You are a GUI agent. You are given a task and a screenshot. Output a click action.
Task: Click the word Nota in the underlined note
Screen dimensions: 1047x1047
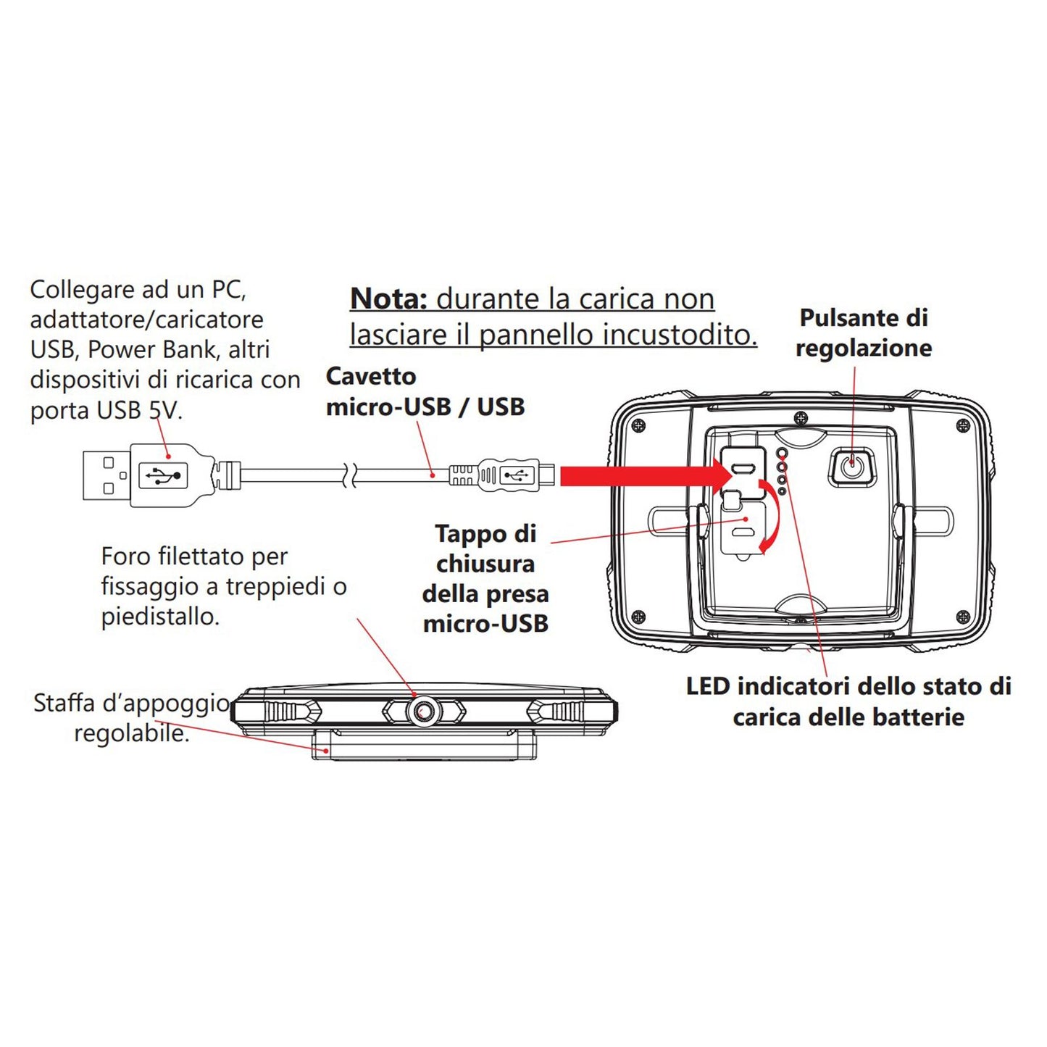(x=388, y=299)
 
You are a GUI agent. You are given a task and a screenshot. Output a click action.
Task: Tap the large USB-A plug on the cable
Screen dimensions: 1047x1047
(x=145, y=475)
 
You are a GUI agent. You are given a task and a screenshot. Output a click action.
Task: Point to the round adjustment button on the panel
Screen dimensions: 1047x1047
(x=852, y=466)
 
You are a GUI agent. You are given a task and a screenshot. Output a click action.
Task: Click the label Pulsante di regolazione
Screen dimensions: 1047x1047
(x=863, y=333)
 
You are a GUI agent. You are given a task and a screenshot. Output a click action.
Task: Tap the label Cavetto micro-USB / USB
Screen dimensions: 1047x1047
(x=425, y=392)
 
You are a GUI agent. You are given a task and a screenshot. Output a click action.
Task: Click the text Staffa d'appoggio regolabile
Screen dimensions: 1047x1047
(x=131, y=718)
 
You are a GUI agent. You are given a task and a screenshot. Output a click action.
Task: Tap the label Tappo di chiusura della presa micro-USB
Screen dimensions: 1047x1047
(x=485, y=578)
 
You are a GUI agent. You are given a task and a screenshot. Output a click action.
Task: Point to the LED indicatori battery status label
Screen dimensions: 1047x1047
(x=848, y=701)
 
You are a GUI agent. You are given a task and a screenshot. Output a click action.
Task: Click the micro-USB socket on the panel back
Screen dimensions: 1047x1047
(x=742, y=468)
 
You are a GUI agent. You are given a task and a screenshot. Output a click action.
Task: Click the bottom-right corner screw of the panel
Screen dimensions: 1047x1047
(x=962, y=617)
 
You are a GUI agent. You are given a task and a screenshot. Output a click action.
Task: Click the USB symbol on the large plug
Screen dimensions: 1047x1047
(x=163, y=475)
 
